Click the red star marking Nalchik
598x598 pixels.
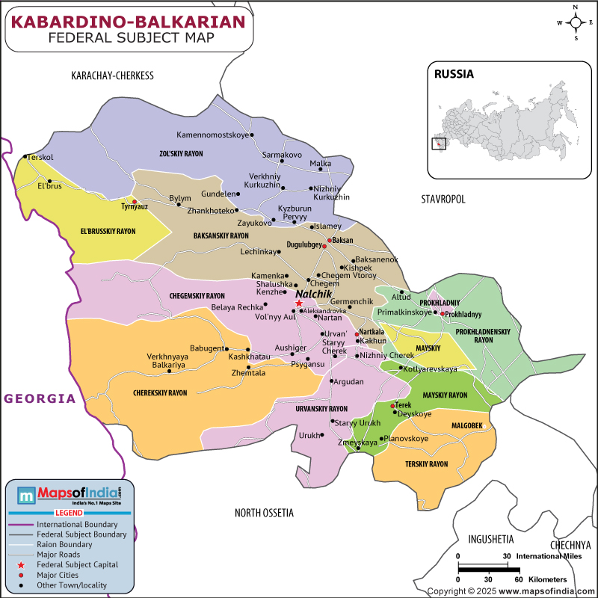pyautogui.click(x=299, y=303)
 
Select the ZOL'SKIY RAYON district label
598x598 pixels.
pyautogui.click(x=181, y=153)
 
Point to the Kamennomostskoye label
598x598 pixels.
pyautogui.click(x=212, y=135)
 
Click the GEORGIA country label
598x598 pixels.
pyautogui.click(x=40, y=398)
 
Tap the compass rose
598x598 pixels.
pyautogui.click(x=576, y=22)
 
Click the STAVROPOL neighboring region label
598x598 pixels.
pyautogui.click(x=443, y=199)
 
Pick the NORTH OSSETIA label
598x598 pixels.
pyautogui.click(x=264, y=513)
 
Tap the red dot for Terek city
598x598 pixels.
pyautogui.click(x=393, y=406)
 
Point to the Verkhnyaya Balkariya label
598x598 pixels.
pyautogui.click(x=167, y=360)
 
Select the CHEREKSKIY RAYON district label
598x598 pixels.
pyautogui.click(x=160, y=392)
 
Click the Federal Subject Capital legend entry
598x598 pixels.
pyautogui.click(x=76, y=565)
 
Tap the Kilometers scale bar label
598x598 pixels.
pyautogui.click(x=548, y=579)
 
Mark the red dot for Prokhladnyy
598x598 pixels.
pyautogui.click(x=443, y=314)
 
